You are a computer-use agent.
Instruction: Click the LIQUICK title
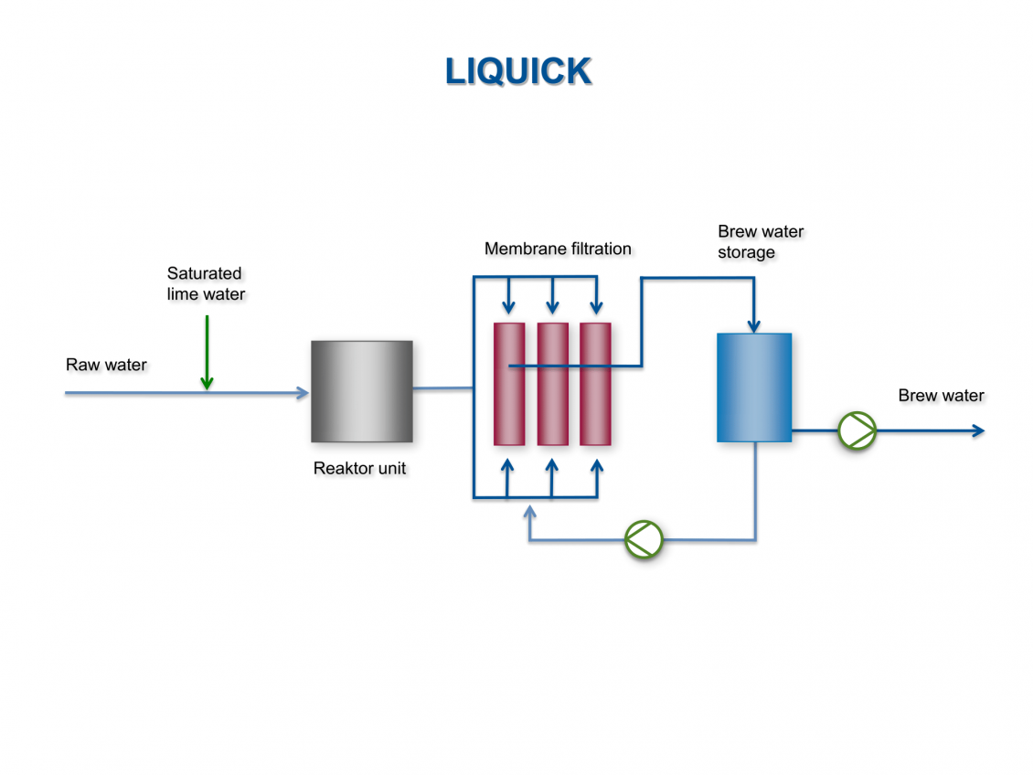click(x=518, y=71)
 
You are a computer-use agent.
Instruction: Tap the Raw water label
click(x=106, y=366)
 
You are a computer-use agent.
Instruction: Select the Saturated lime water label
click(x=206, y=283)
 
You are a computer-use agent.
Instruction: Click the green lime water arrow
click(x=208, y=352)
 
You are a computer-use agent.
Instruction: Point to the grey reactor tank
click(x=361, y=391)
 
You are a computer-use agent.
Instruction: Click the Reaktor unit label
click(x=359, y=469)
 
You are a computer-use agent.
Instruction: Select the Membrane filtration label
click(x=558, y=249)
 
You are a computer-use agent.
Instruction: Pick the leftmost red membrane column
click(x=509, y=384)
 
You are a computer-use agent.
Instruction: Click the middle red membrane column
click(x=552, y=384)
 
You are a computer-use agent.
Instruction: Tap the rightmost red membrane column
click(x=595, y=384)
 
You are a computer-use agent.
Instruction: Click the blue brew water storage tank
click(x=753, y=387)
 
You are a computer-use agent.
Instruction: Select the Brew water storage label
click(x=760, y=242)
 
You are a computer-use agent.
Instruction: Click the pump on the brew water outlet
click(x=857, y=430)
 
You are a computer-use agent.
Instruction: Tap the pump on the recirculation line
click(x=644, y=539)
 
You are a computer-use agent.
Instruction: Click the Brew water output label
click(x=941, y=396)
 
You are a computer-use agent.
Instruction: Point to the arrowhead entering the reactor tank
click(x=303, y=393)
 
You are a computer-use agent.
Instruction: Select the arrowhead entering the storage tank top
click(x=754, y=325)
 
